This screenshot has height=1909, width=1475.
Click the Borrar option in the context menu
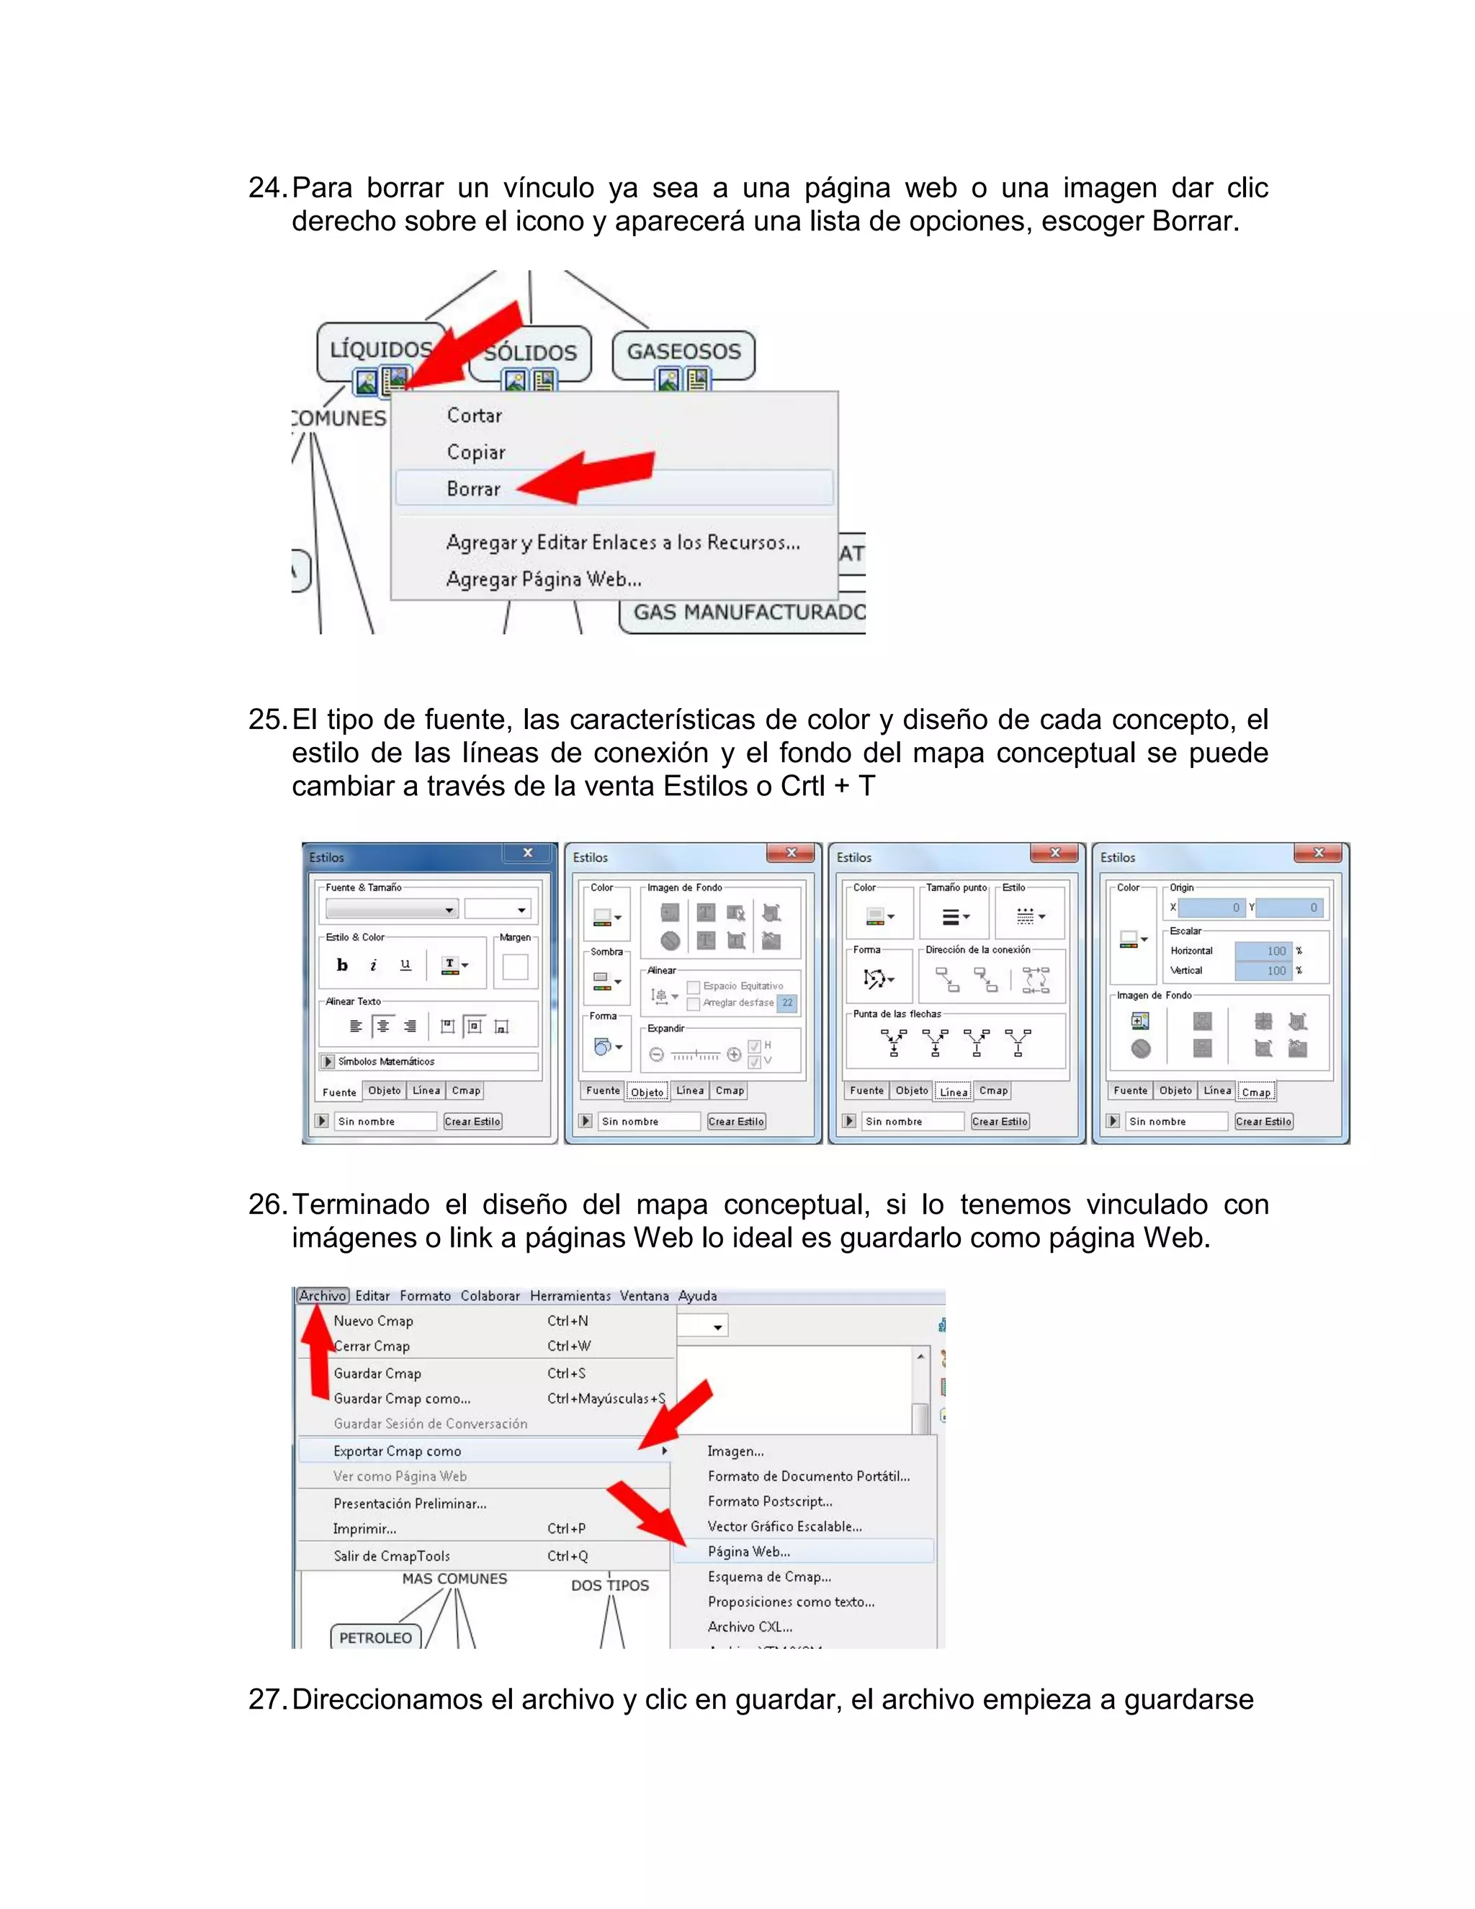click(474, 488)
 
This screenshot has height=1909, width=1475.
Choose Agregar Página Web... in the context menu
click(544, 578)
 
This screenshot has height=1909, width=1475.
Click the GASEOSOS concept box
click(683, 352)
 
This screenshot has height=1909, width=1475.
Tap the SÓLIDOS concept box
click(530, 353)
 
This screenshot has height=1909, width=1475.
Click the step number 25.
click(266, 720)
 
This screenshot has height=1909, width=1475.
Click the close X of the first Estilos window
click(528, 853)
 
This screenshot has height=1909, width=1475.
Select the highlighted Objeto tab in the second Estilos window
click(647, 1091)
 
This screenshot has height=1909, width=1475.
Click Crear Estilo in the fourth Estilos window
click(1263, 1122)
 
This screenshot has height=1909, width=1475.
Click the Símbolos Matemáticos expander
click(328, 1061)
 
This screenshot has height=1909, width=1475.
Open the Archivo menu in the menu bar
click(323, 1295)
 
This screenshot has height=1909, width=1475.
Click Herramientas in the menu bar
click(570, 1295)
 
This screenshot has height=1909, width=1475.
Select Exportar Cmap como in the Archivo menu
click(398, 1451)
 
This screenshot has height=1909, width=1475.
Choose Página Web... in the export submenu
click(749, 1552)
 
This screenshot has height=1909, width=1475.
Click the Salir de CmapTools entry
click(392, 1556)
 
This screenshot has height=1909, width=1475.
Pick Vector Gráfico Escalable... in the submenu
click(785, 1526)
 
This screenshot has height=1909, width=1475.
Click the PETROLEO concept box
click(376, 1638)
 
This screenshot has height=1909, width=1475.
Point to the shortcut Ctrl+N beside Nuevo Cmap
click(568, 1320)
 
